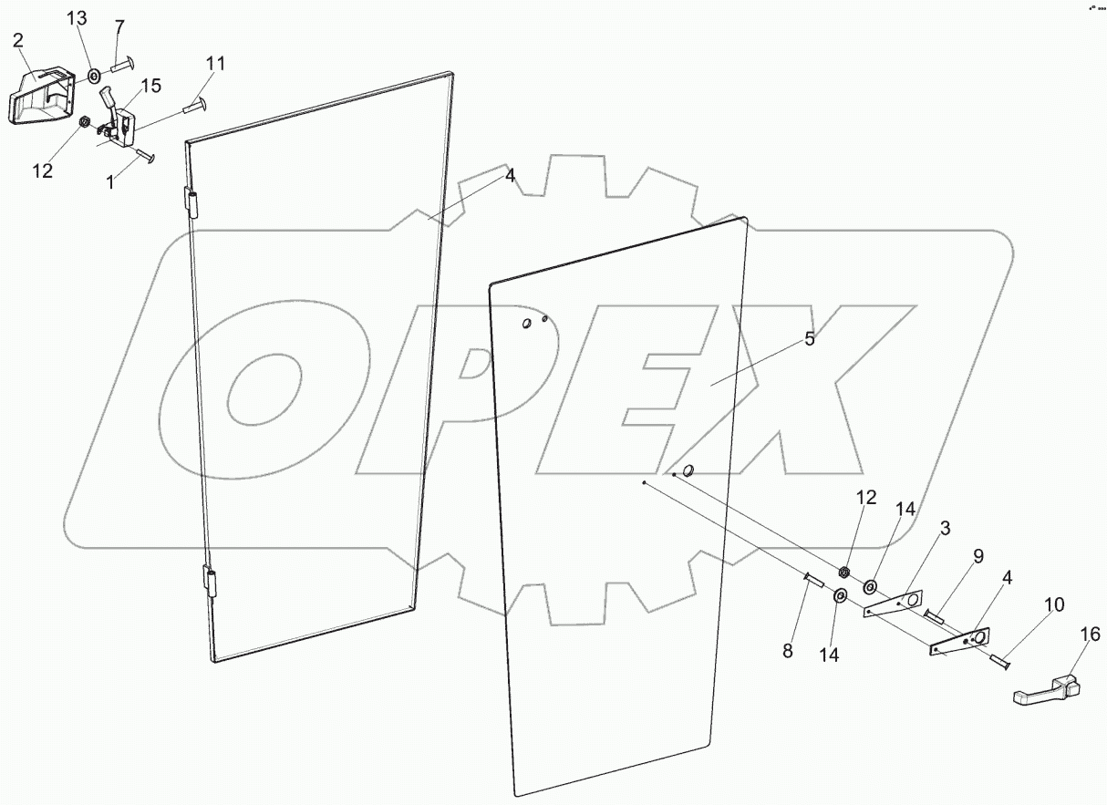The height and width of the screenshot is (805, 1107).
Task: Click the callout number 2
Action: point(18,41)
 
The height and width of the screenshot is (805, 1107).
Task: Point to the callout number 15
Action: point(150,86)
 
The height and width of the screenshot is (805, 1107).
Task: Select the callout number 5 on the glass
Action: point(809,339)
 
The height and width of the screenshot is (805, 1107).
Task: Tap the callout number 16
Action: point(1091,635)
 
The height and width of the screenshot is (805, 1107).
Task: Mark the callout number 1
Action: point(110,182)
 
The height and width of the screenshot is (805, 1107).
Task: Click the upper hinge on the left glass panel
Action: point(191,202)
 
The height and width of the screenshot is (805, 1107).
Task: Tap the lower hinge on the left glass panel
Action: point(212,581)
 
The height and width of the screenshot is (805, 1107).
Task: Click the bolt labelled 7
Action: point(123,65)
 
